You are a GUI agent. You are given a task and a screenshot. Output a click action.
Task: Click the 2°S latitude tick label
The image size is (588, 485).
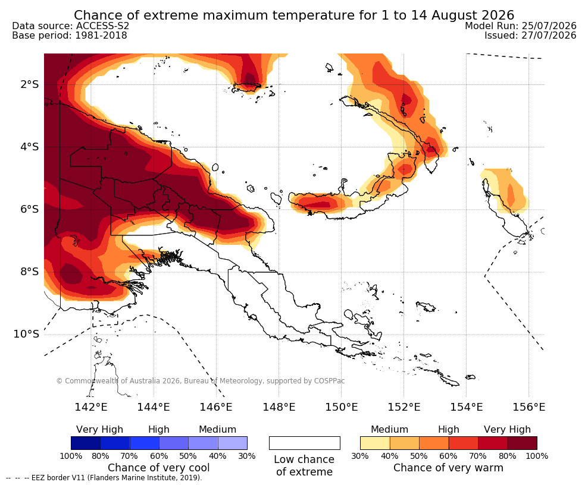click(x=30, y=84)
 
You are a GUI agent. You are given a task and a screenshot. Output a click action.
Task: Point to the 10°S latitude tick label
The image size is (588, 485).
click(x=26, y=334)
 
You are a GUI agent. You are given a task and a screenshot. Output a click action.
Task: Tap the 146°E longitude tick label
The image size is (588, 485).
click(x=216, y=407)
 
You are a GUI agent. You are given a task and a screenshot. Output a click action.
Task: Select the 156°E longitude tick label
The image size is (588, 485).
click(x=528, y=407)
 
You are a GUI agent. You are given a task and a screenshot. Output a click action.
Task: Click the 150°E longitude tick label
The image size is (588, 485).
click(x=341, y=407)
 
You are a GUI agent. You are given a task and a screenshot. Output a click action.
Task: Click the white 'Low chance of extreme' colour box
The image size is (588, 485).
click(x=305, y=443)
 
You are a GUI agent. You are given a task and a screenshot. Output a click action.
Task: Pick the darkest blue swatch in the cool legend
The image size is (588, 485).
click(x=86, y=443)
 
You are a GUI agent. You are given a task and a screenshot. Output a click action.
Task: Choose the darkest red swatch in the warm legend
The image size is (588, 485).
click(x=523, y=443)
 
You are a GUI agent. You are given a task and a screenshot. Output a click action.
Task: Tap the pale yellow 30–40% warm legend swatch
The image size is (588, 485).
click(x=375, y=443)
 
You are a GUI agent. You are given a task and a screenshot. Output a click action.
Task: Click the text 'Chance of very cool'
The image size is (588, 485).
click(x=159, y=468)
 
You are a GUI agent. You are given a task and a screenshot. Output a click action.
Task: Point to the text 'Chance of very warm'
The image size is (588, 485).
click(x=448, y=468)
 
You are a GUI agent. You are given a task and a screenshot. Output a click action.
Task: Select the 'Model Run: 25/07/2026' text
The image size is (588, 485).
click(x=521, y=26)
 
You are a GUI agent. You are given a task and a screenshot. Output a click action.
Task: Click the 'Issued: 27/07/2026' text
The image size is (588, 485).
click(x=530, y=36)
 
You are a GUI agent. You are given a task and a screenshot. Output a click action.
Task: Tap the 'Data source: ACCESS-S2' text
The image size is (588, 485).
click(x=70, y=26)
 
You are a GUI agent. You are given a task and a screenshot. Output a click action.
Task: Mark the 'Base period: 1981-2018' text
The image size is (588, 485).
click(x=70, y=36)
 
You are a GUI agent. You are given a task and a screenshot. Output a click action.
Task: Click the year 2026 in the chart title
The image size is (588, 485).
click(x=498, y=15)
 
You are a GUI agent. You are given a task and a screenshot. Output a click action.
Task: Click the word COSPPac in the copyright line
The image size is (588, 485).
click(x=329, y=381)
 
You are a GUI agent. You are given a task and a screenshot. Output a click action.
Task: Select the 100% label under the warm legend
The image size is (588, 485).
click(x=537, y=456)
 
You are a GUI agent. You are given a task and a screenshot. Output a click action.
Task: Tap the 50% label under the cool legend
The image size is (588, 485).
click(x=188, y=456)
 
